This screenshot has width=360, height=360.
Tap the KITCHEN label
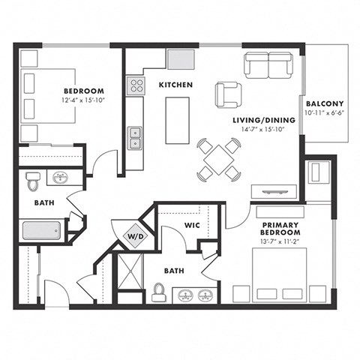(x=176, y=85)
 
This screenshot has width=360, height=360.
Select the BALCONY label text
(x=324, y=103)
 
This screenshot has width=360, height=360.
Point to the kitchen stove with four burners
(x=136, y=85)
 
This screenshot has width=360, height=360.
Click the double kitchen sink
(x=136, y=138)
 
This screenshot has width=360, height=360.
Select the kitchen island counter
(x=178, y=121)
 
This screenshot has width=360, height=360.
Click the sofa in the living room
(x=268, y=65)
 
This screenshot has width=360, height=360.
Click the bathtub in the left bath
(x=43, y=231)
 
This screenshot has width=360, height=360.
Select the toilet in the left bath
(x=32, y=181)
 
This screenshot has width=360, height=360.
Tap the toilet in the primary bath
(x=158, y=292)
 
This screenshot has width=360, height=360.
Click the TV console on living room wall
(x=274, y=190)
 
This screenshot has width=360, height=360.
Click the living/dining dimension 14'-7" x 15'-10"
(x=253, y=130)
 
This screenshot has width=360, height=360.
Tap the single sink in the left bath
(x=60, y=178)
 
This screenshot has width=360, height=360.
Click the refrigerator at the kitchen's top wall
(x=180, y=59)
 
